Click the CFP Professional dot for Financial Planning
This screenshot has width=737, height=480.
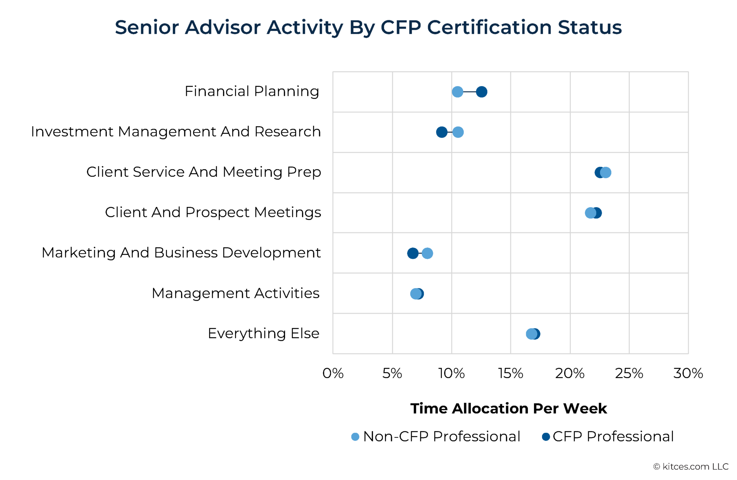(x=481, y=92)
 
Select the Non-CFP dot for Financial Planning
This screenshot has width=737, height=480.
(x=457, y=92)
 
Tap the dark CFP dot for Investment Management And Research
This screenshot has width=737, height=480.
(x=442, y=132)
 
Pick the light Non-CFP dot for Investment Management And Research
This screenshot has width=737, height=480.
(x=458, y=132)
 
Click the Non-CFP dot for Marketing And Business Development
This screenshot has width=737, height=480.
(x=427, y=253)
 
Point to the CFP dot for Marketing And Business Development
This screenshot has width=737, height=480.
(x=412, y=253)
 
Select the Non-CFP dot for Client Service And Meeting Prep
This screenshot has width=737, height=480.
(x=606, y=172)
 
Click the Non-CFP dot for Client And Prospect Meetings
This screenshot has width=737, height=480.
(x=590, y=213)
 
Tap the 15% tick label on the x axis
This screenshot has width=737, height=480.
(x=511, y=373)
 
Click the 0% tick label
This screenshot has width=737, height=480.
(x=333, y=373)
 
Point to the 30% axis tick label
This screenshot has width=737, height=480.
(x=688, y=373)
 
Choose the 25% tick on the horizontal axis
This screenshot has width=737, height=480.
(x=629, y=373)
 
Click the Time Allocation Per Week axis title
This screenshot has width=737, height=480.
(x=508, y=408)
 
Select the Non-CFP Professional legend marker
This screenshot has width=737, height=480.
(x=355, y=437)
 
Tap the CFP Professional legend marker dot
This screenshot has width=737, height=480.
(x=546, y=437)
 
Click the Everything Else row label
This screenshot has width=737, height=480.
(x=263, y=333)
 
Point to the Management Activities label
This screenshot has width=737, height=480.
(x=235, y=293)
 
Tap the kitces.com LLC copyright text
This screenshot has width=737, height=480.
(x=691, y=467)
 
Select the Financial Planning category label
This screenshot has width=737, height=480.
(x=252, y=91)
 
